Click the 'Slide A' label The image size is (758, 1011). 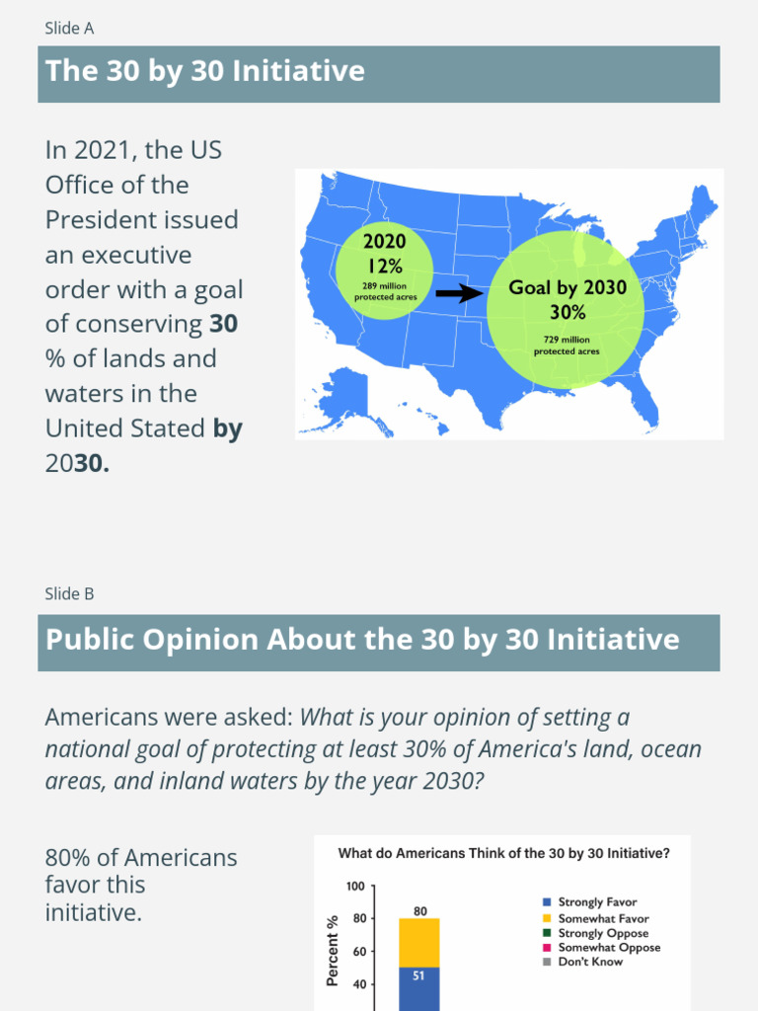pyautogui.click(x=69, y=28)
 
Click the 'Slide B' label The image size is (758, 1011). pyautogui.click(x=69, y=593)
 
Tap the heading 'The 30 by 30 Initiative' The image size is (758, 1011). pyautogui.click(x=205, y=71)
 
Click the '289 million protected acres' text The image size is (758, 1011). pyautogui.click(x=385, y=291)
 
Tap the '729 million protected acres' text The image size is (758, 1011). pyautogui.click(x=567, y=346)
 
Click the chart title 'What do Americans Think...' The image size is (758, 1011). pyautogui.click(x=502, y=853)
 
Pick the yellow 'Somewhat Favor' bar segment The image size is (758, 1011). pyautogui.click(x=419, y=943)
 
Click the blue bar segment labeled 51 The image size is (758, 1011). pyautogui.click(x=419, y=988)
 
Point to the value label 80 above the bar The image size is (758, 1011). pyautogui.click(x=419, y=911)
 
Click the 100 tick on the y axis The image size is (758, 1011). pyautogui.click(x=356, y=887)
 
